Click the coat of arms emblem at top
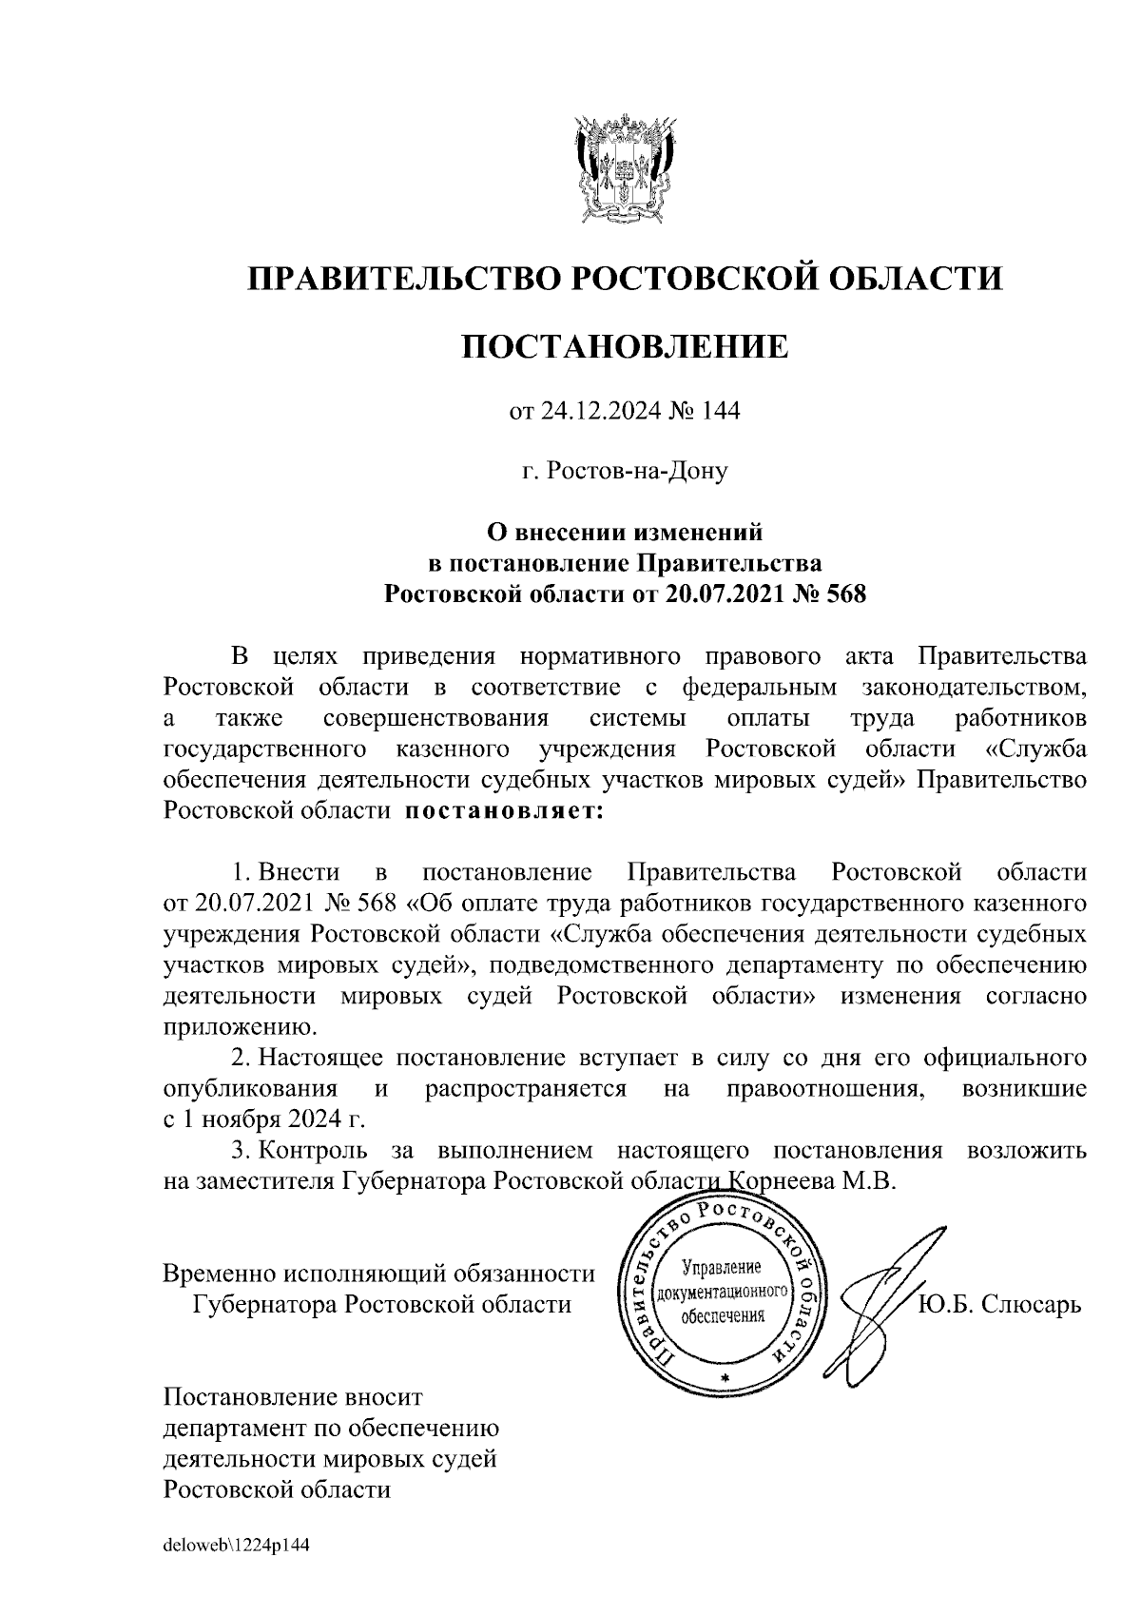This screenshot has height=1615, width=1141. click(x=626, y=168)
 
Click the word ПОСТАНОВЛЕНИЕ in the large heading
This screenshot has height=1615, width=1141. click(x=626, y=347)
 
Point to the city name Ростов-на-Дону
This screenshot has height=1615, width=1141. click(x=625, y=471)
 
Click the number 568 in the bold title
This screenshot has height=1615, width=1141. click(x=845, y=595)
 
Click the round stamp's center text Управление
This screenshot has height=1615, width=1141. click(x=724, y=1268)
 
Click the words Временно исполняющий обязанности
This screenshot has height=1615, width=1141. click(x=379, y=1274)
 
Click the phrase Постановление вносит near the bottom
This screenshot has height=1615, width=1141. click(x=293, y=1397)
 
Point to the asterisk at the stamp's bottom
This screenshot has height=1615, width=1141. click(x=724, y=1377)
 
